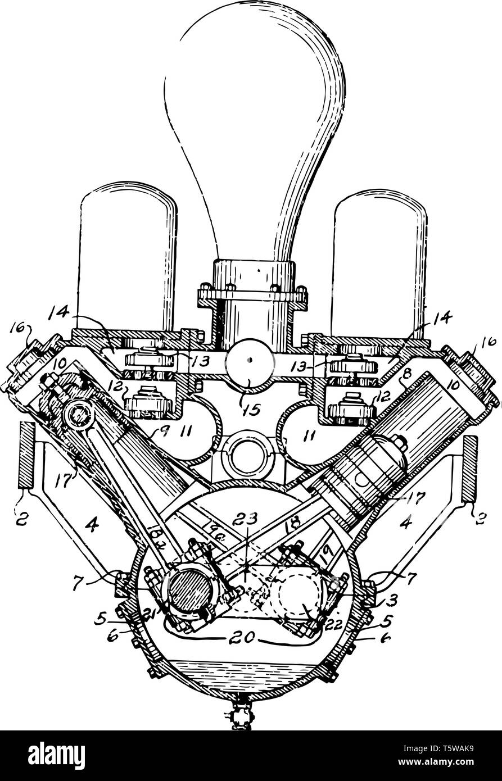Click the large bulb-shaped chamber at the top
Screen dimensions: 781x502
pos(253,129)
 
